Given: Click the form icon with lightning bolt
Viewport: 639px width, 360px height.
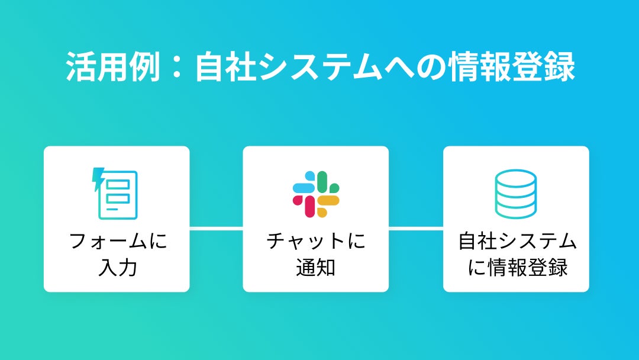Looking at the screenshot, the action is click(x=116, y=194).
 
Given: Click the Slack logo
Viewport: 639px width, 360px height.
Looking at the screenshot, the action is click(x=315, y=194).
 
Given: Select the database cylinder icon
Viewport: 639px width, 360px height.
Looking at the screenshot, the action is click(x=515, y=194).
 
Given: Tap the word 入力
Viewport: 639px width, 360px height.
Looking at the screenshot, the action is click(x=117, y=268).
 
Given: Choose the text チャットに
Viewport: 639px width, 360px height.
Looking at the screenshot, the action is click(x=316, y=242).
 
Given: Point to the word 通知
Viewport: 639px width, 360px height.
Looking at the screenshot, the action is click(x=315, y=268).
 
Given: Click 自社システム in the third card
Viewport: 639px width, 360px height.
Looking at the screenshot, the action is click(x=517, y=242).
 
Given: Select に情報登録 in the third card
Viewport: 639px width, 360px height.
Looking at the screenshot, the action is click(x=517, y=268).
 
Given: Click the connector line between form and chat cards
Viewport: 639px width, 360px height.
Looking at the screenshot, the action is click(x=216, y=227).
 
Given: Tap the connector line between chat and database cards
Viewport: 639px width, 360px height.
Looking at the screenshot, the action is click(x=415, y=227).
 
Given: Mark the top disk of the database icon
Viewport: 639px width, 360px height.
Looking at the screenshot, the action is click(x=515, y=179).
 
